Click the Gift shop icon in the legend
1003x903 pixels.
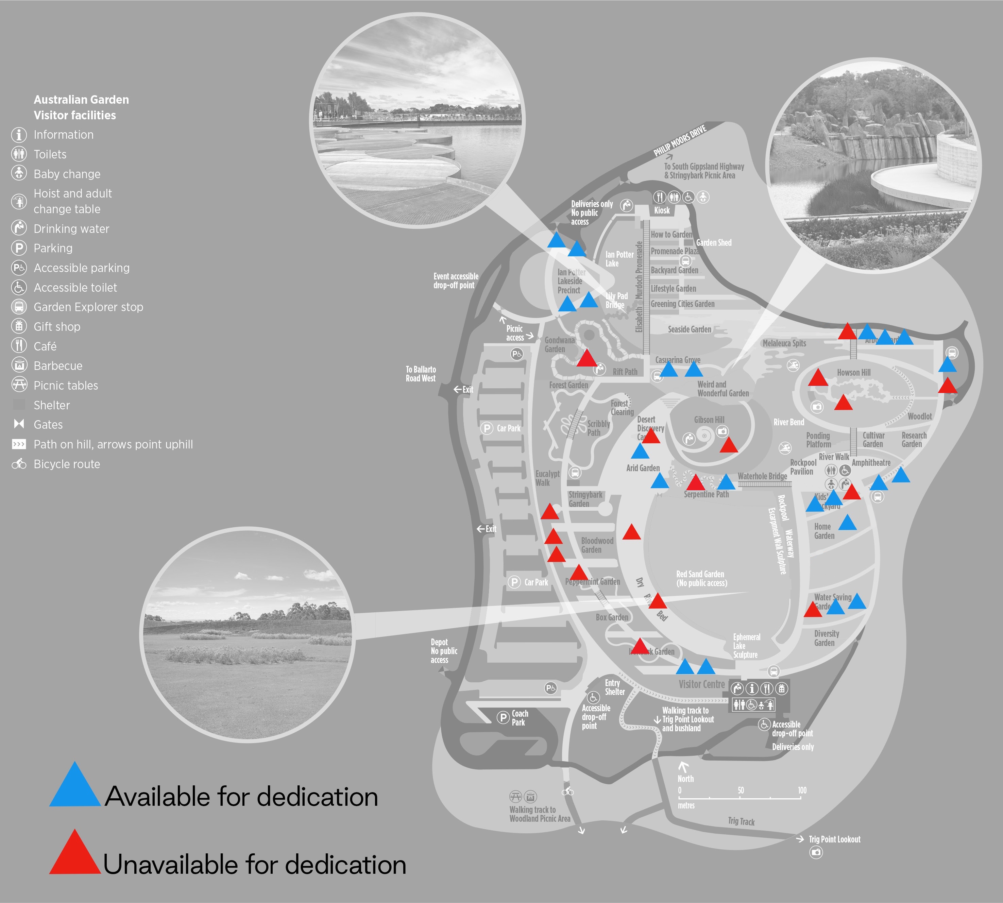[x=19, y=326]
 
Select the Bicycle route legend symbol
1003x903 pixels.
[x=19, y=464]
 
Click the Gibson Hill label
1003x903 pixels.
[x=709, y=420]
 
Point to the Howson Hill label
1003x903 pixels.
[x=853, y=373]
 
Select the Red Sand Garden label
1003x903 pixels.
[x=700, y=574]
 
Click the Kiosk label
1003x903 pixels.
[x=662, y=210]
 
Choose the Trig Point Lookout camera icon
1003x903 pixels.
[x=816, y=852]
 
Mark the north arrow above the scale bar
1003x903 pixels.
[x=683, y=767]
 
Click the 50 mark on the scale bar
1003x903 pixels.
[x=741, y=790]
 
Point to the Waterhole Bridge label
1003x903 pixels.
[x=762, y=476]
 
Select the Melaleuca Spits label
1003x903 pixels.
[x=784, y=343]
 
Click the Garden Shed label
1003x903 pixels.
[x=713, y=243]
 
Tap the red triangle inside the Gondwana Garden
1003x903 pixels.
[x=587, y=358]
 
